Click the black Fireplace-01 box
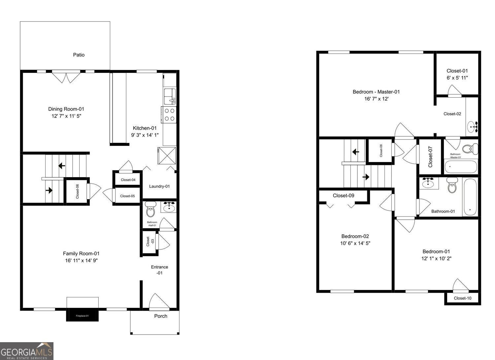point(82,315)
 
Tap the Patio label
point(79,55)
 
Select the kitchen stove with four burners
point(169,115)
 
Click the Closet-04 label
point(128,180)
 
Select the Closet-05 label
point(127,196)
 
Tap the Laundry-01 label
point(159,186)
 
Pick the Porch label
point(161,316)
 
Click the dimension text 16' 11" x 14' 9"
point(81,261)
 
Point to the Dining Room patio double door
point(66,77)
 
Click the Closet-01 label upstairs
point(457,71)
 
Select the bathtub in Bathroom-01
point(470,197)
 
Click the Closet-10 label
point(462,298)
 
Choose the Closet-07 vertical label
point(430,156)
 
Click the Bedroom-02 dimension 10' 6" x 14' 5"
point(355,244)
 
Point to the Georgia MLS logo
point(26,351)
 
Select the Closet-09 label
point(343,196)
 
